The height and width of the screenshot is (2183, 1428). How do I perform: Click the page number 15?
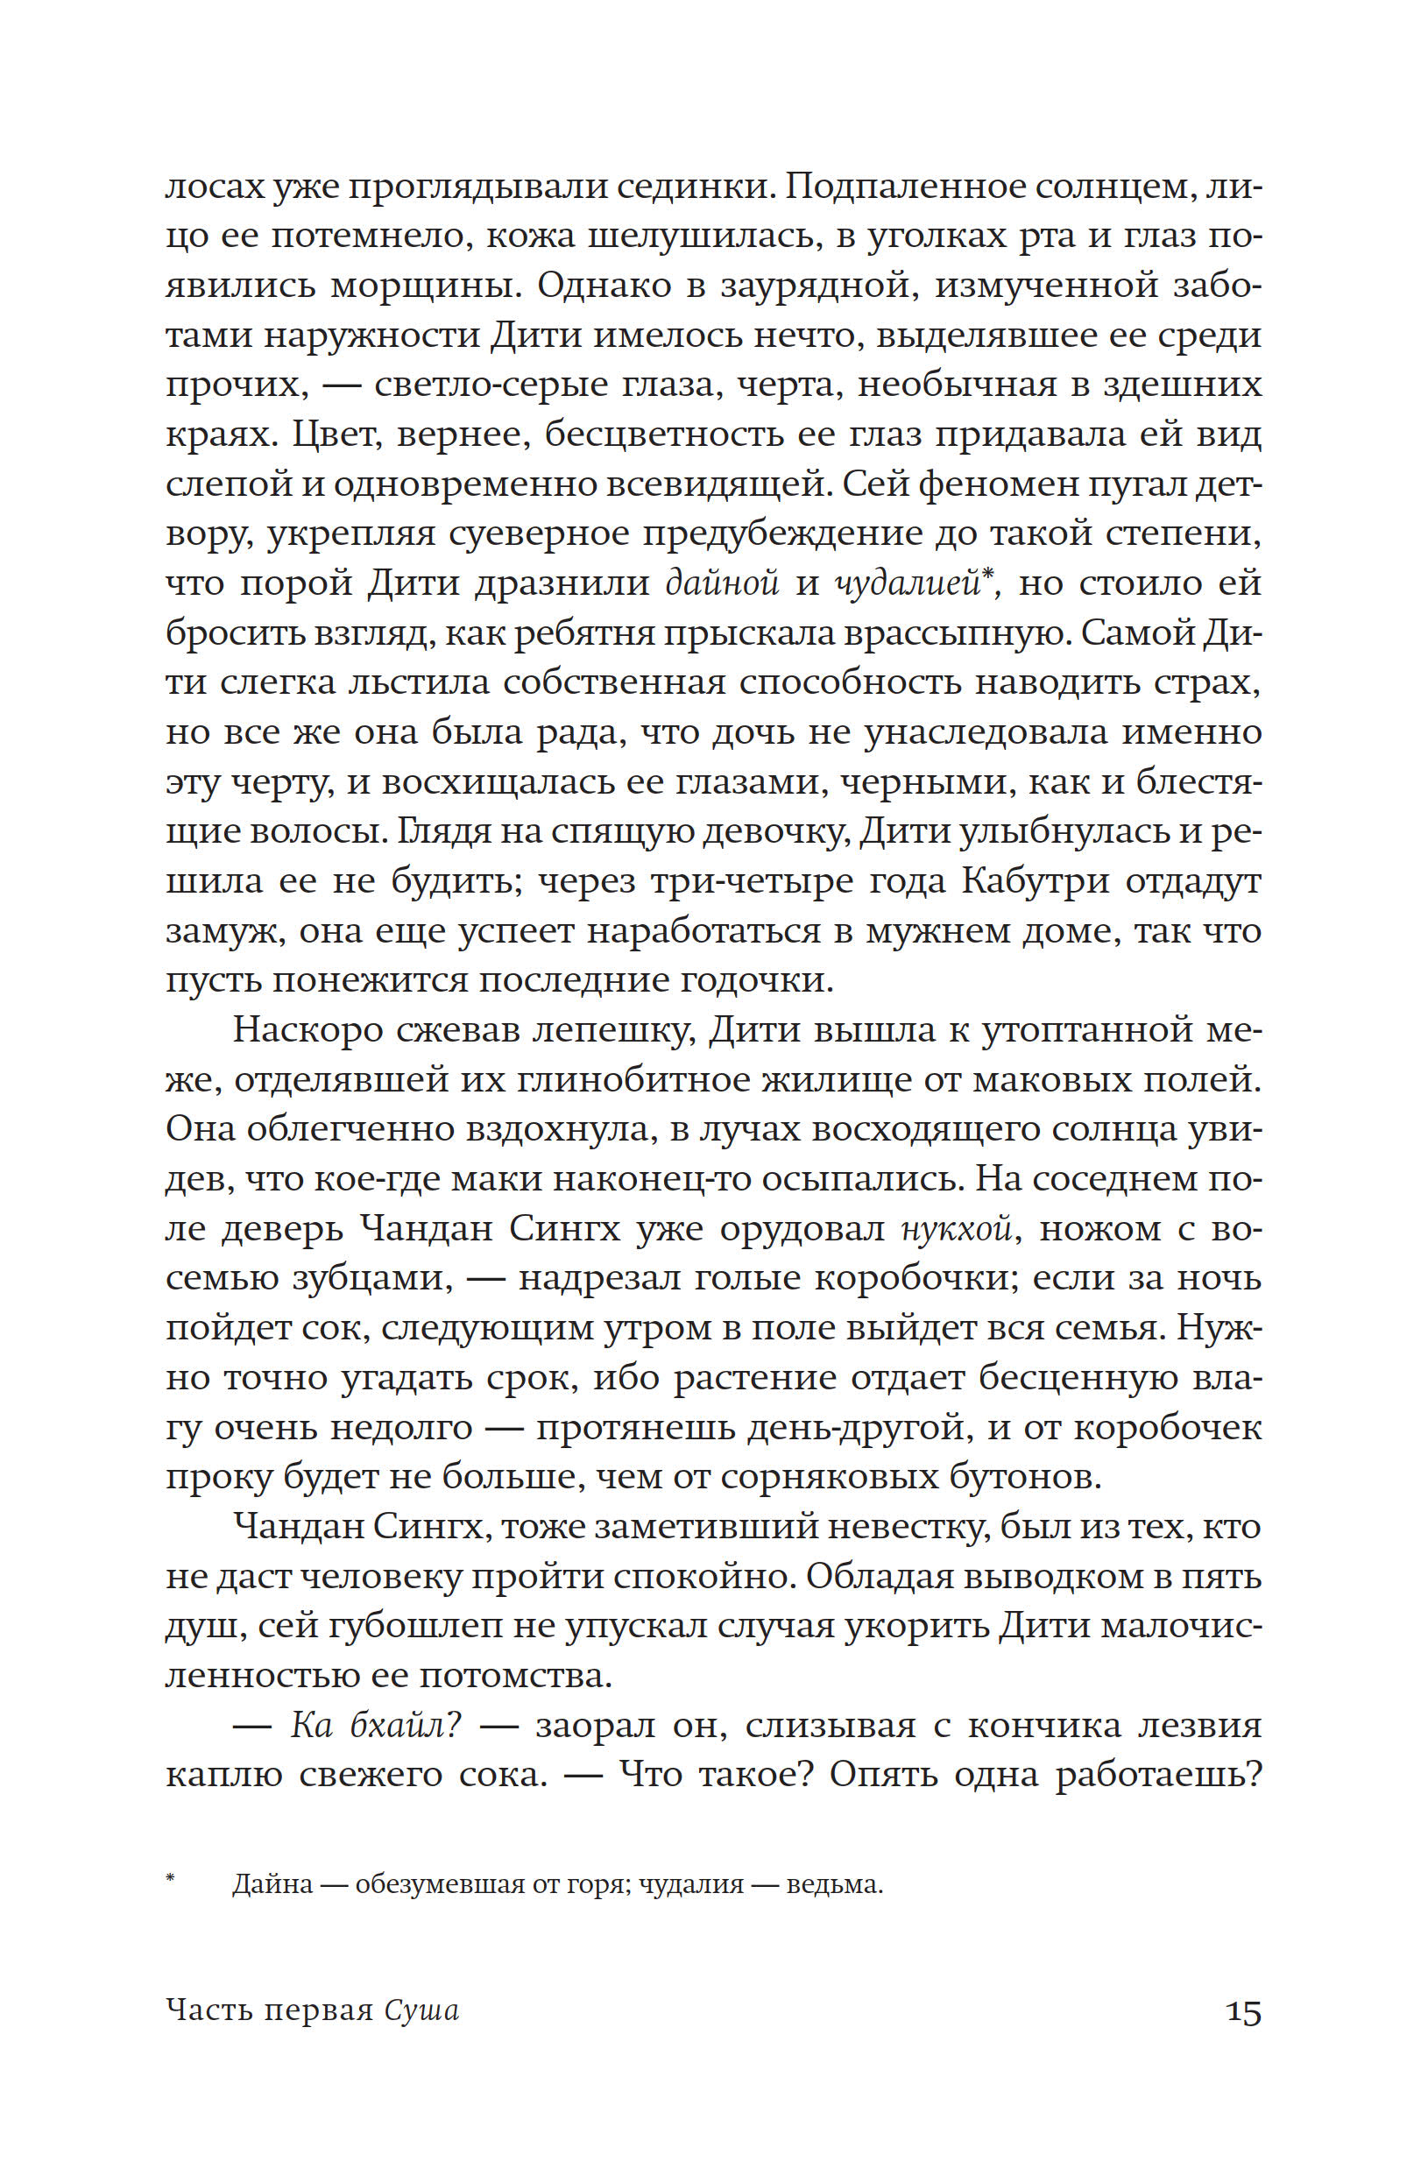(1243, 2011)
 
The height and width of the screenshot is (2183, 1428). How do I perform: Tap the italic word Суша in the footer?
(421, 2010)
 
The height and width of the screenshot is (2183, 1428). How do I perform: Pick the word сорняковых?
(876, 1478)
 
